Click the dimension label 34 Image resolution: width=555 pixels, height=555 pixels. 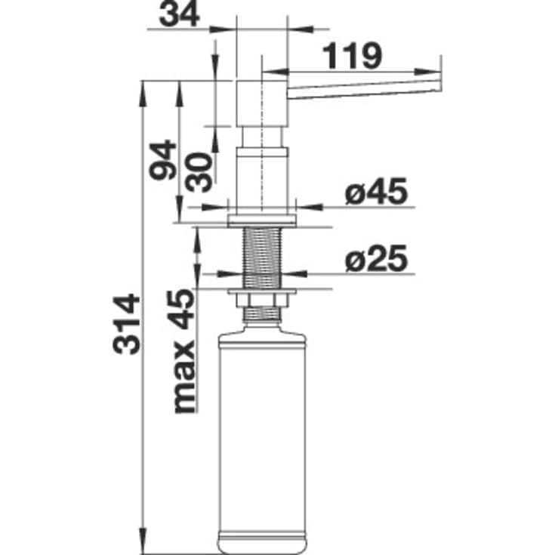pos(180,16)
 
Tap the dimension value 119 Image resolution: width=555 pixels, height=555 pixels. pos(353,56)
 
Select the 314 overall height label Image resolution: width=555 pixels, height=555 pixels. pos(126,324)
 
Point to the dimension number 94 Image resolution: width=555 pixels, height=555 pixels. pos(162,160)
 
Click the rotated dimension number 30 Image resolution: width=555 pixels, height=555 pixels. pos(199,172)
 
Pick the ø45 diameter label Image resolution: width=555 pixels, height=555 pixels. pos(376,191)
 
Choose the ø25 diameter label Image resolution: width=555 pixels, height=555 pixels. pos(376,258)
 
